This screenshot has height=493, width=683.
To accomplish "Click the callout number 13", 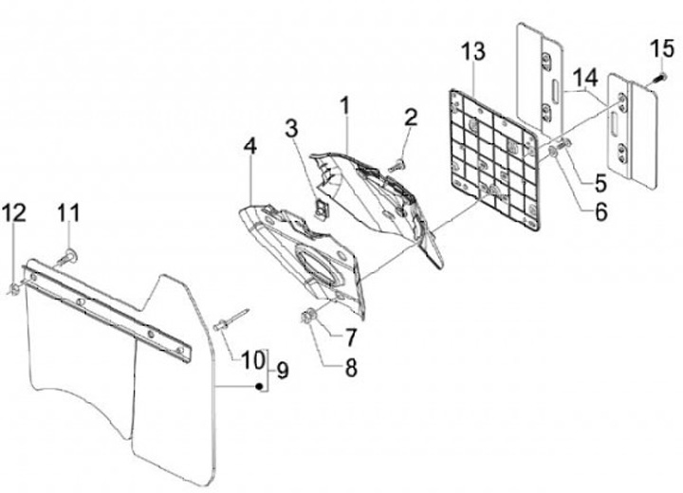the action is click(471, 50).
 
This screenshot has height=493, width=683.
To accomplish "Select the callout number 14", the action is click(584, 75).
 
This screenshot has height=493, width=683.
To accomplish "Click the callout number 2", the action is click(410, 119).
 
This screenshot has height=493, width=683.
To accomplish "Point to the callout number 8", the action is click(350, 365).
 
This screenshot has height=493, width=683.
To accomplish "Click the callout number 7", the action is click(350, 337).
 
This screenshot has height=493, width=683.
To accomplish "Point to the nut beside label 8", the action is click(308, 316).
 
